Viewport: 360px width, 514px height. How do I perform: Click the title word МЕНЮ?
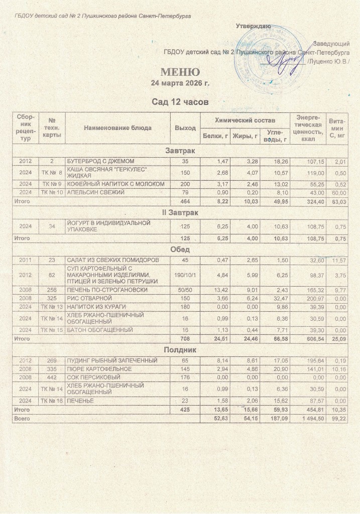coord(180,72)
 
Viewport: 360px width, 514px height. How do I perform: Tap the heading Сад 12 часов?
coord(180,102)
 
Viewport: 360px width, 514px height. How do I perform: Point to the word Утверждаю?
coord(254,26)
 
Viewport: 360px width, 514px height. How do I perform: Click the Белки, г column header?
coord(213,136)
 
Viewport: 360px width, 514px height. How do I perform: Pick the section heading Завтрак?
coord(180,151)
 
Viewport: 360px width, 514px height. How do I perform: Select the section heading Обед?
coord(180,249)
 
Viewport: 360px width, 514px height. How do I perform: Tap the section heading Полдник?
coord(180,349)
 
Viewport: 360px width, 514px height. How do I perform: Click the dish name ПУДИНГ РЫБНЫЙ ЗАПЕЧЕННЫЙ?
coord(112,360)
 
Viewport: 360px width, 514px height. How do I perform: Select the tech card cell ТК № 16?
coord(52,401)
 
